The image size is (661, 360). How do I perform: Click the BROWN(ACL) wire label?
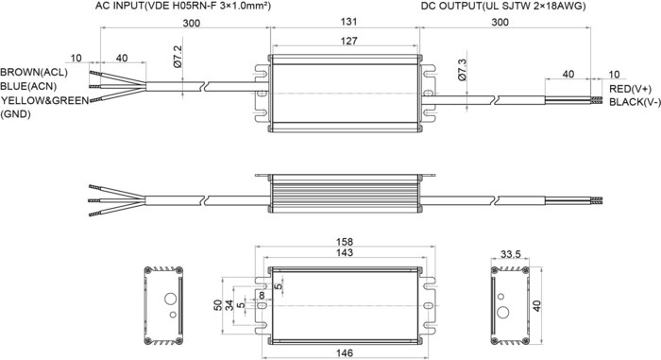pos(34,72)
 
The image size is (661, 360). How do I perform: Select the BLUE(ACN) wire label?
pos(28,86)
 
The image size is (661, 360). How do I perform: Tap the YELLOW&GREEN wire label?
pos(44,100)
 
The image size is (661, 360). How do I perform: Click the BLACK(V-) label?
pos(635,102)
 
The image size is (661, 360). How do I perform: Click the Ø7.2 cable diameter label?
pos(178,57)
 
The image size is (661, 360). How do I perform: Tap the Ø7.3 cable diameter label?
pos(462,70)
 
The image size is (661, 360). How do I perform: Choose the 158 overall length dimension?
pos(345,242)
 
